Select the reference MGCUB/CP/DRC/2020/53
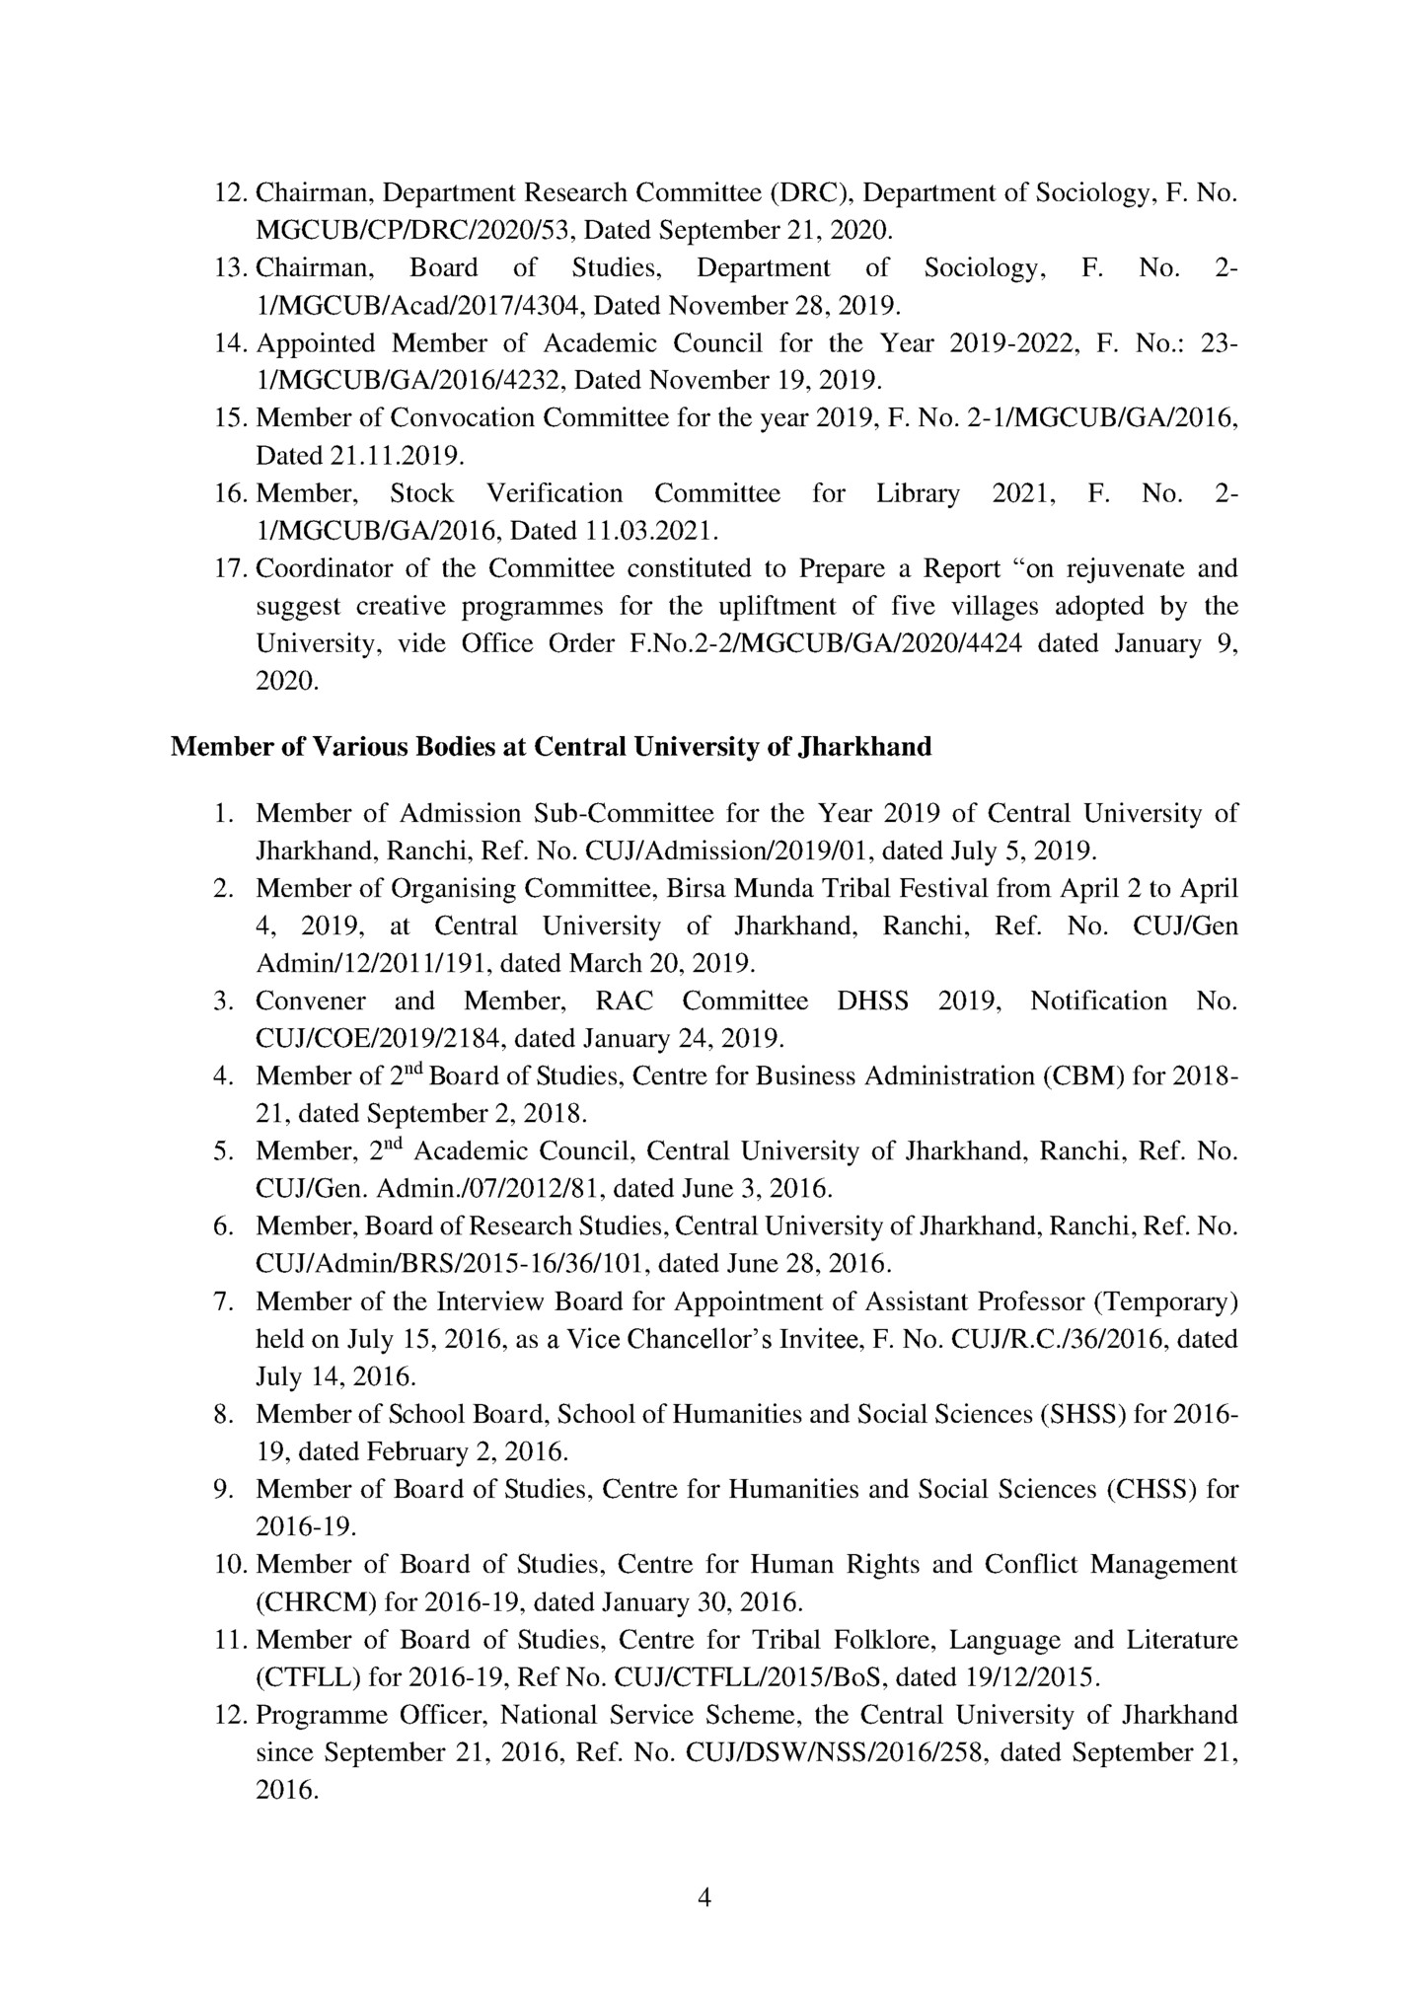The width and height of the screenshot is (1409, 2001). [416, 231]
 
